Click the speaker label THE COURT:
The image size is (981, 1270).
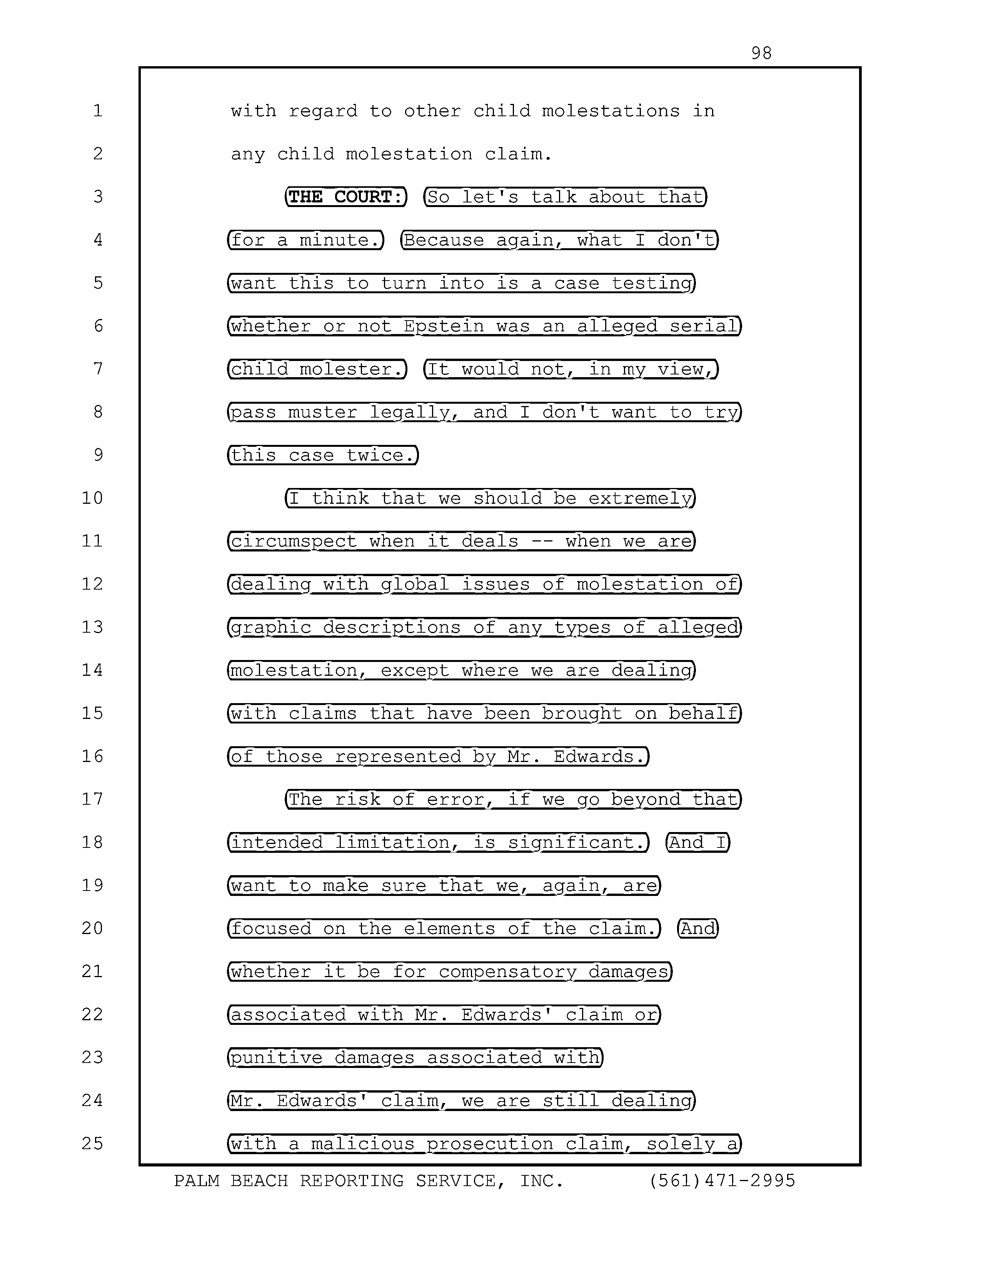[x=346, y=197]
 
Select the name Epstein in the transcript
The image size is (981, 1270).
[x=444, y=326]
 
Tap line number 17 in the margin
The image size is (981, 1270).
[x=92, y=799]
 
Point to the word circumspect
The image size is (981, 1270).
[x=294, y=541]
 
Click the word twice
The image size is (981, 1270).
[x=380, y=455]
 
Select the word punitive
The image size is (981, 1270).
[x=276, y=1058]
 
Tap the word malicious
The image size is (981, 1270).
[x=363, y=1144]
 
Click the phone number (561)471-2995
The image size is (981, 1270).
[x=722, y=1181]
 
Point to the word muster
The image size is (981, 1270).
[x=322, y=412]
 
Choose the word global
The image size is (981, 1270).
[x=415, y=585]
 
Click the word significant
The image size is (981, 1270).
[x=577, y=842]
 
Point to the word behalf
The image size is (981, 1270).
[x=703, y=714]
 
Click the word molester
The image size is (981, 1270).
[x=352, y=369]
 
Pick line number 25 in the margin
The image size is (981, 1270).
[x=92, y=1144]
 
